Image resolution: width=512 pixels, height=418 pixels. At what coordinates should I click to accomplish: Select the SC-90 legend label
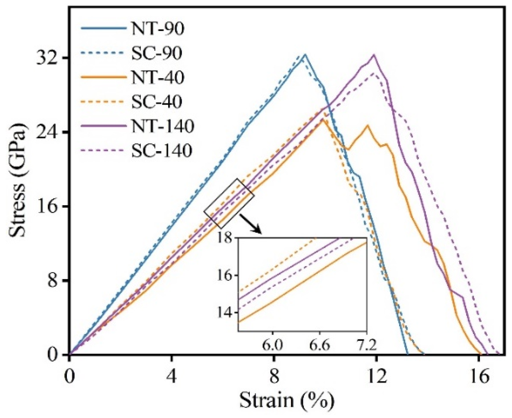pos(157,53)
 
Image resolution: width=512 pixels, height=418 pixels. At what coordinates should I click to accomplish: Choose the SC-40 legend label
pos(157,102)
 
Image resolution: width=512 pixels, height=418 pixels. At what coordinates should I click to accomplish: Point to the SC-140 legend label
pos(161,150)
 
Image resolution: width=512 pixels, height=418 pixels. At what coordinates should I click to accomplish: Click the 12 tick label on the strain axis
pos(376,377)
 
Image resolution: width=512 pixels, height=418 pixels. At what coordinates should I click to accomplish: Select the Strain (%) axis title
pos(287,400)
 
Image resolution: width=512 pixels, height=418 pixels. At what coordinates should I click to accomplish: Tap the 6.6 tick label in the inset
pos(321,346)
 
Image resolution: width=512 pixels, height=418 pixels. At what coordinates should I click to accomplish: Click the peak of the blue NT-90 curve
pos(305,54)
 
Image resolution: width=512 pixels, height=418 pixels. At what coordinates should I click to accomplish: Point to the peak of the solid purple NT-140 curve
pos(373,55)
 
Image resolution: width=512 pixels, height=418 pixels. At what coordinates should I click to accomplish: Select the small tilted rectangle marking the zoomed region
pos(229,203)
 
